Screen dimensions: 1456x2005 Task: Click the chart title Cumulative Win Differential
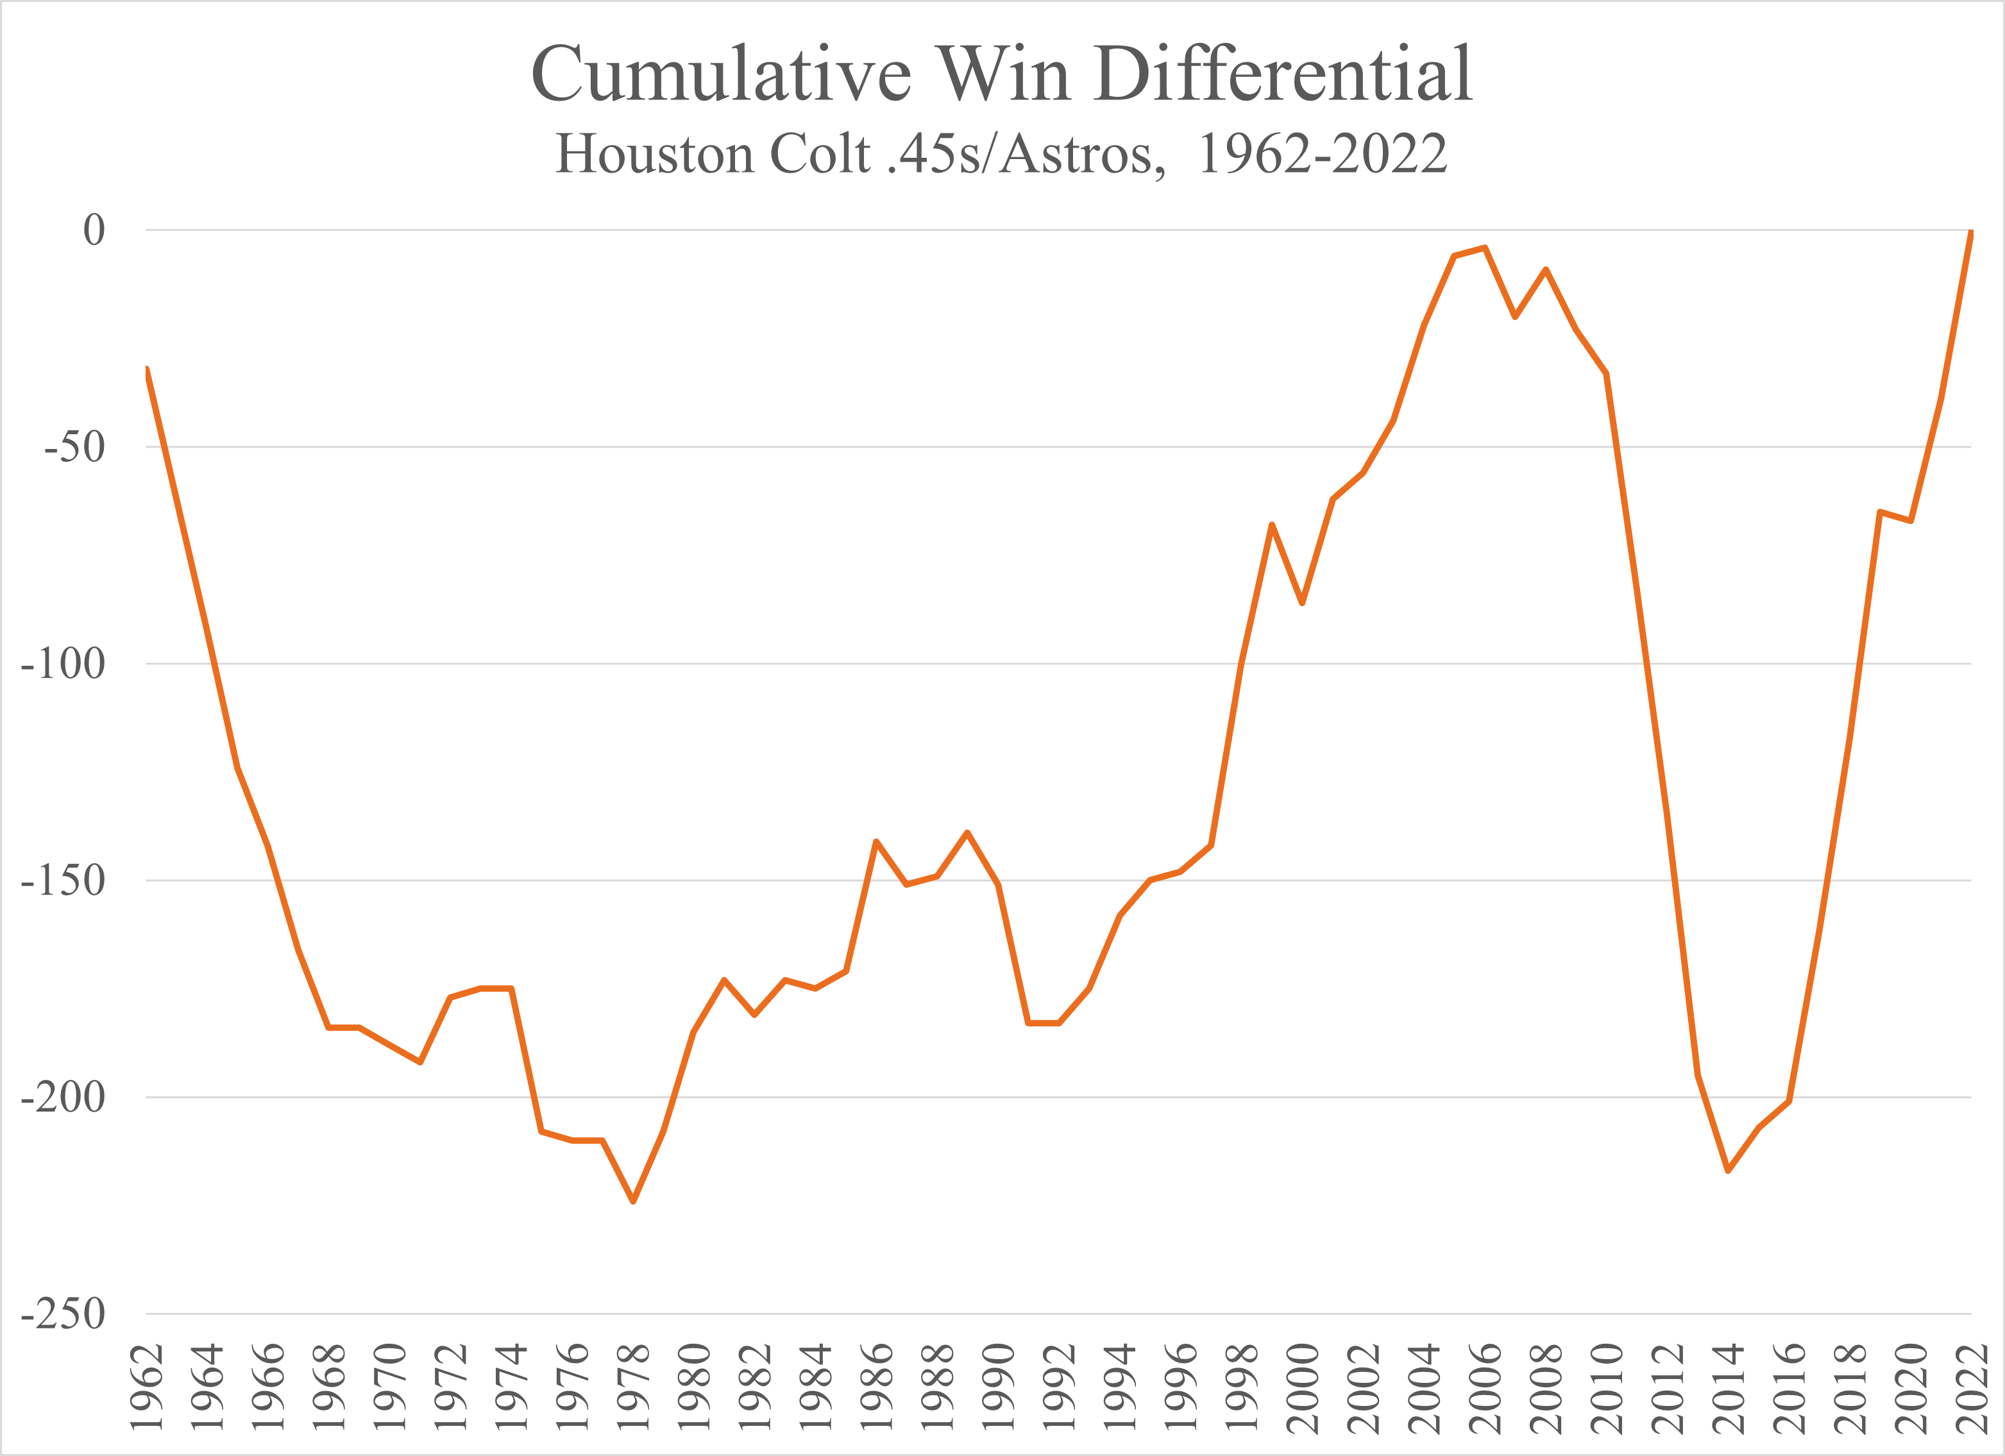pyautogui.click(x=1002, y=73)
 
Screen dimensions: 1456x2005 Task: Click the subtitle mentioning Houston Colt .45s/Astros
pyautogui.click(x=1002, y=154)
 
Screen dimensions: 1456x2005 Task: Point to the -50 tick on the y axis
pyautogui.click(x=74, y=447)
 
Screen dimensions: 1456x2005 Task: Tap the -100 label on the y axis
pyautogui.click(x=63, y=664)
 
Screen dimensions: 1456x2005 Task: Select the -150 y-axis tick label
pyautogui.click(x=63, y=881)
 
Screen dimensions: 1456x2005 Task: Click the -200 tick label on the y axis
pyautogui.click(x=63, y=1097)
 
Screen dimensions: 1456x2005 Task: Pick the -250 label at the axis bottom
pyautogui.click(x=63, y=1314)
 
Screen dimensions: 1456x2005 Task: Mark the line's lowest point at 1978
pyautogui.click(x=633, y=1201)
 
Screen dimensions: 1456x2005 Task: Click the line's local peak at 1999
pyautogui.click(x=1272, y=525)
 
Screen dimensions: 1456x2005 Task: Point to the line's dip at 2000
pyautogui.click(x=1302, y=603)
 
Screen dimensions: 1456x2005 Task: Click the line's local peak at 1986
pyautogui.click(x=876, y=842)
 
